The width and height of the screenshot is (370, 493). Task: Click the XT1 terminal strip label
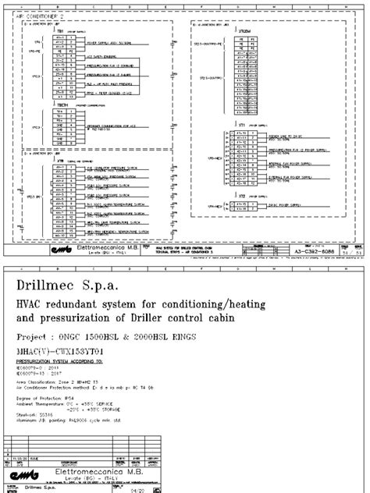(x=244, y=124)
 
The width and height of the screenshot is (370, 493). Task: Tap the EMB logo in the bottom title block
(x=23, y=475)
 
